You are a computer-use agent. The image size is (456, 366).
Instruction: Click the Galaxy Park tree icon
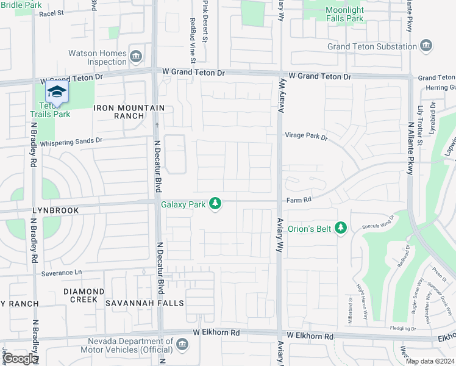[215, 203]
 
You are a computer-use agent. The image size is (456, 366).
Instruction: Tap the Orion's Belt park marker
[341, 228]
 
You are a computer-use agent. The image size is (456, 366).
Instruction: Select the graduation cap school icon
[57, 92]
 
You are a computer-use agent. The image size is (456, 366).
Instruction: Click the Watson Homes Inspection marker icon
[136, 57]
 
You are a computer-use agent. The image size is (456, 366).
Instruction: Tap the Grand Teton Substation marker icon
[426, 46]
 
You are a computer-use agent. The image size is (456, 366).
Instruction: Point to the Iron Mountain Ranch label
[129, 112]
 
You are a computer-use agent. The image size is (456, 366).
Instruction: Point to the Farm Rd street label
[299, 199]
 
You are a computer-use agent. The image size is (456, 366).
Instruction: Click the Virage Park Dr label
[306, 137]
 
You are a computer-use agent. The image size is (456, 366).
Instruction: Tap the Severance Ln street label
[61, 273]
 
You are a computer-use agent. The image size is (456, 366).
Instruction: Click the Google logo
[20, 358]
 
